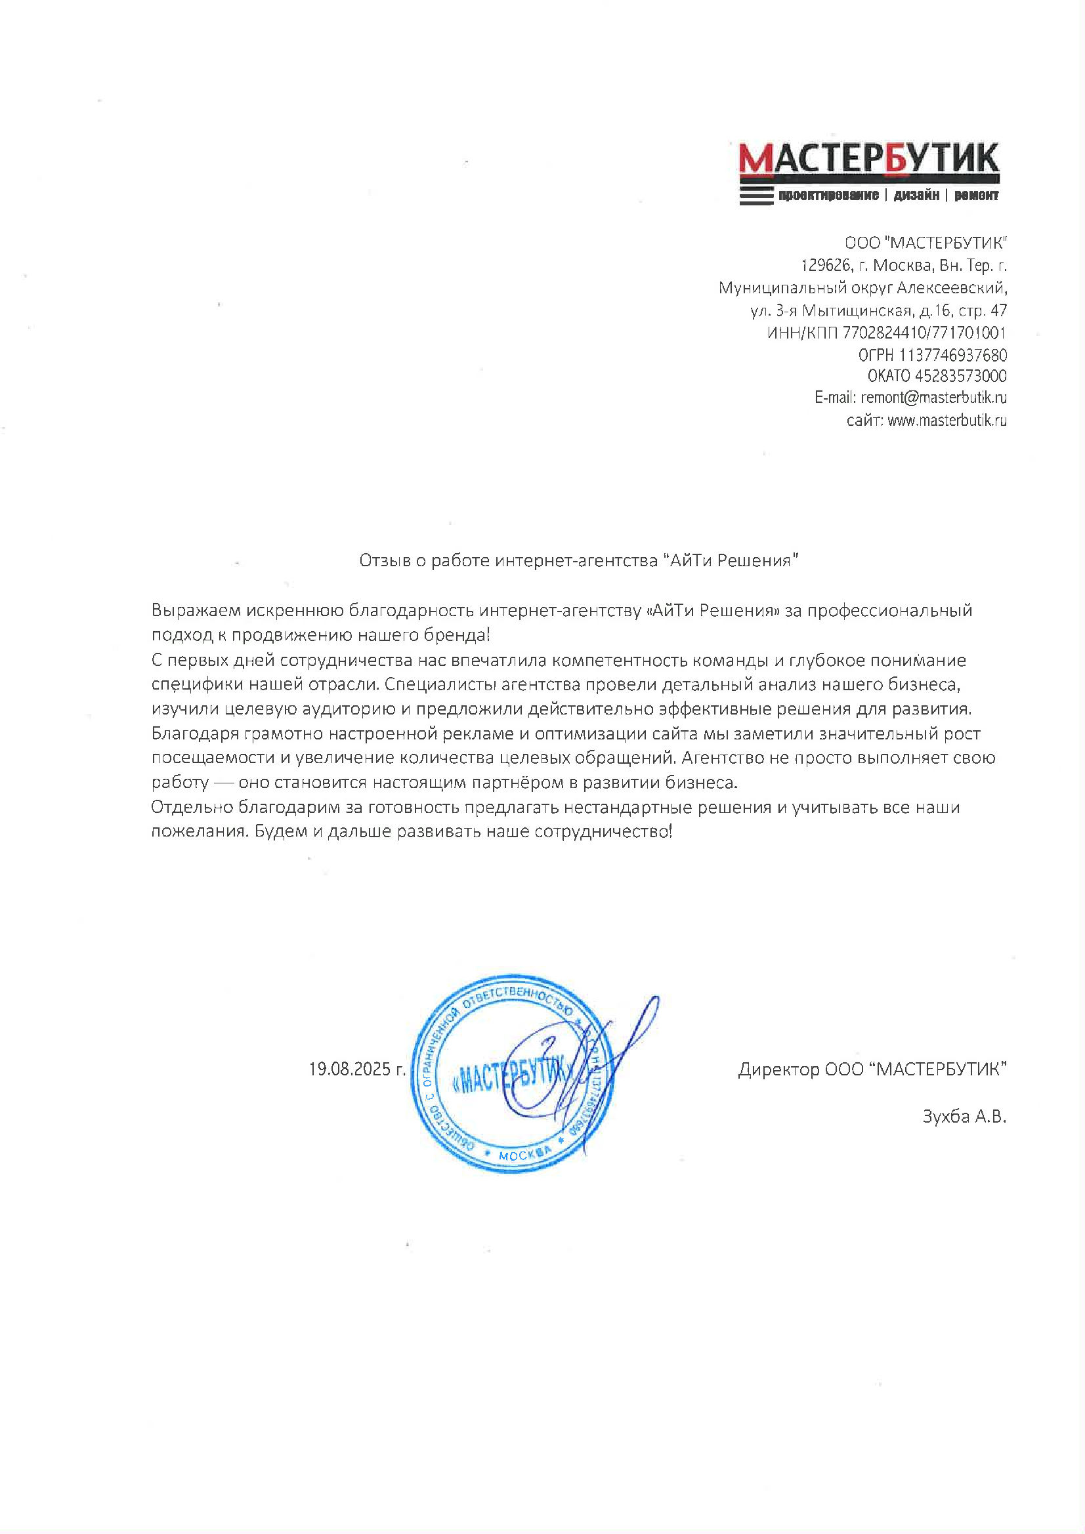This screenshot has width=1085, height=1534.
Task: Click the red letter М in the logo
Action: coord(756,159)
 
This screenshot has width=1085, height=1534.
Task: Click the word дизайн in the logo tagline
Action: coord(916,195)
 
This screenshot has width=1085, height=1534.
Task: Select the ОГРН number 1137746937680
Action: coord(952,355)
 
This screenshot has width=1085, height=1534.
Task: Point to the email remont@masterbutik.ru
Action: coord(933,398)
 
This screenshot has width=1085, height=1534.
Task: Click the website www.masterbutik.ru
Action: coord(947,421)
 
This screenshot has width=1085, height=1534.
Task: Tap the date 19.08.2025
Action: coord(350,1069)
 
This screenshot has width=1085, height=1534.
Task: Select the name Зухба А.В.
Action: coord(964,1117)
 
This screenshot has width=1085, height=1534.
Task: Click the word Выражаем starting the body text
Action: coord(195,611)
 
